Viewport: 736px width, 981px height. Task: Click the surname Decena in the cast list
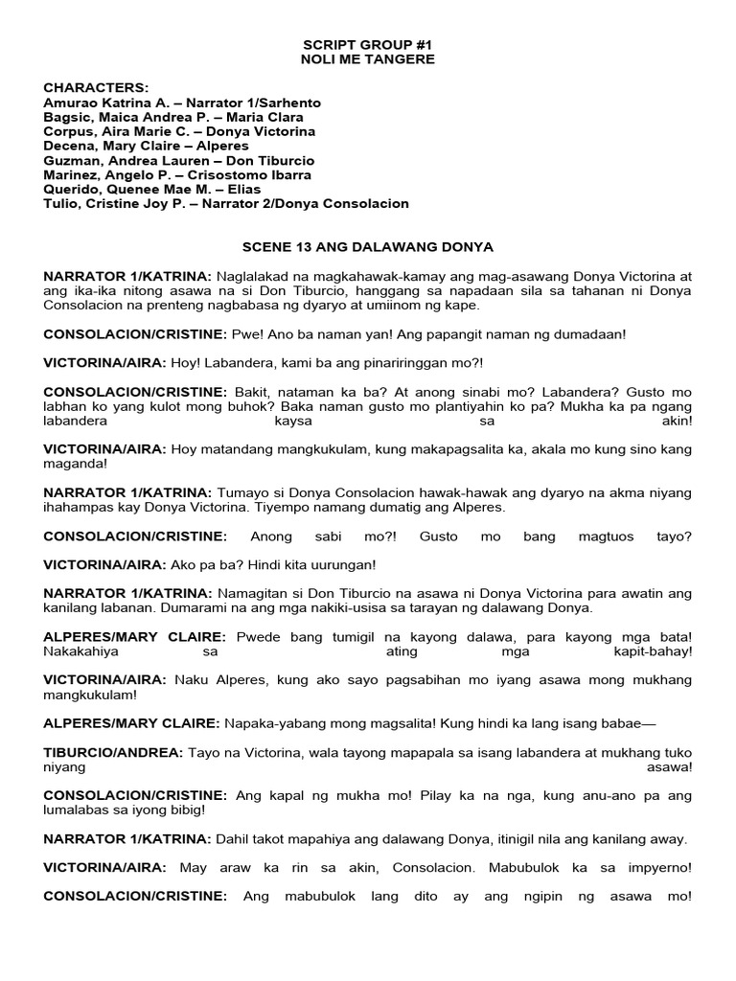pyautogui.click(x=68, y=146)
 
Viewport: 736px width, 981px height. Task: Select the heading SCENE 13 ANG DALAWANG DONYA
pyautogui.click(x=368, y=246)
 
